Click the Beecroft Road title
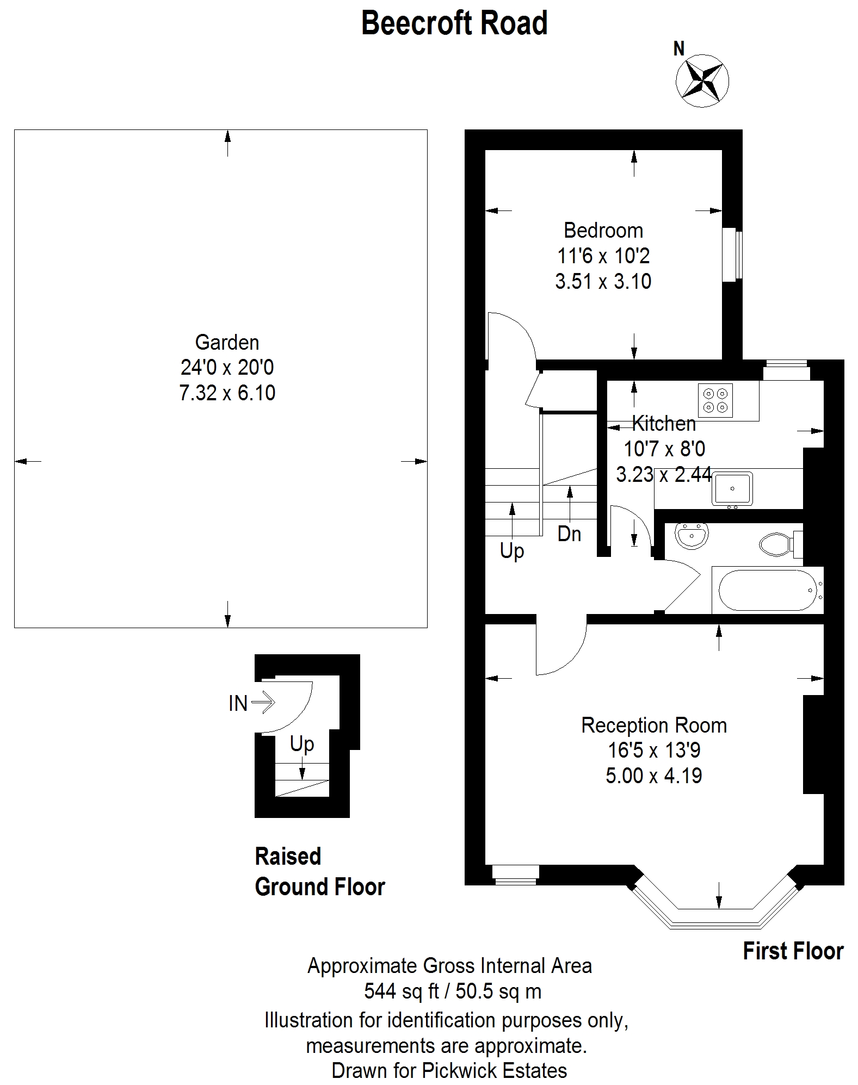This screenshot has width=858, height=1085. pos(454,23)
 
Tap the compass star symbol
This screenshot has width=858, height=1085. pos(702,80)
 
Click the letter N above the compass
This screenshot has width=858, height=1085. pos(678,49)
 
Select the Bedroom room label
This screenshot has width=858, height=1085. pos(603,231)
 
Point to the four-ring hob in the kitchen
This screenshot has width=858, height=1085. pos(715,400)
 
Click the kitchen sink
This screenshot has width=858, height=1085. pos(732,488)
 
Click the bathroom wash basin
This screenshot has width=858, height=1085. pos(692,535)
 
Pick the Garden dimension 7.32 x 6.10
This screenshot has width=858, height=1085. pos(227,393)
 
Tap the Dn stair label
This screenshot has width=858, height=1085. pos(569,535)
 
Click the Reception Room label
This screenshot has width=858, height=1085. pos(653,726)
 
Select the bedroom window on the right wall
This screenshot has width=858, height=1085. pos(732,255)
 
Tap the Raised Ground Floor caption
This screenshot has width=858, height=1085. pos(319,871)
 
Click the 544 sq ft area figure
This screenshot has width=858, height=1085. pos(402,991)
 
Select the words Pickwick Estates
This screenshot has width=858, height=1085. pos(494,1070)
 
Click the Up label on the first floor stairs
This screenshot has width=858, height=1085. pos(511,551)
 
